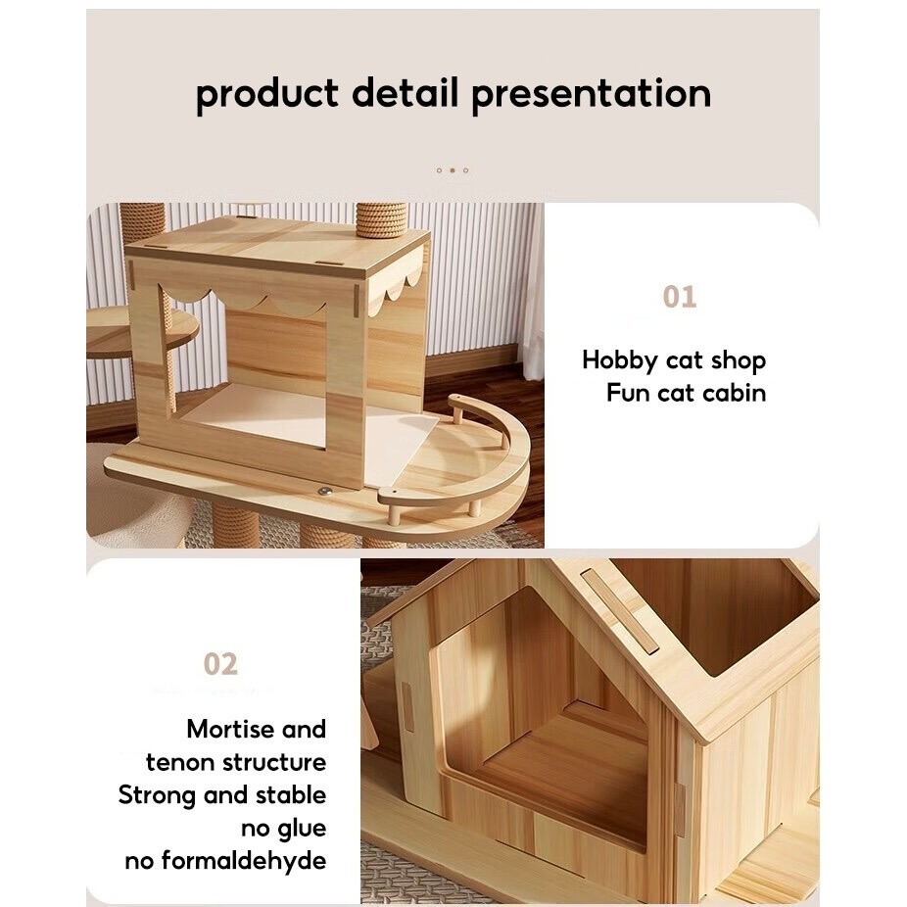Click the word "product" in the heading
(x=267, y=94)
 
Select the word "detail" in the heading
(x=406, y=91)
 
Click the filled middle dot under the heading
(x=453, y=170)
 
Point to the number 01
(x=680, y=297)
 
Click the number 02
(x=220, y=664)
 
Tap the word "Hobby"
(x=620, y=361)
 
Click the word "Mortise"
(x=228, y=729)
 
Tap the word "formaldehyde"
(x=244, y=860)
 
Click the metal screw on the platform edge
(x=324, y=491)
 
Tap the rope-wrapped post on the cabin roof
(x=381, y=221)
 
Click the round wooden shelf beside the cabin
(x=142, y=330)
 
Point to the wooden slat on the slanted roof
(x=619, y=611)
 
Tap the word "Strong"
(x=157, y=796)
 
